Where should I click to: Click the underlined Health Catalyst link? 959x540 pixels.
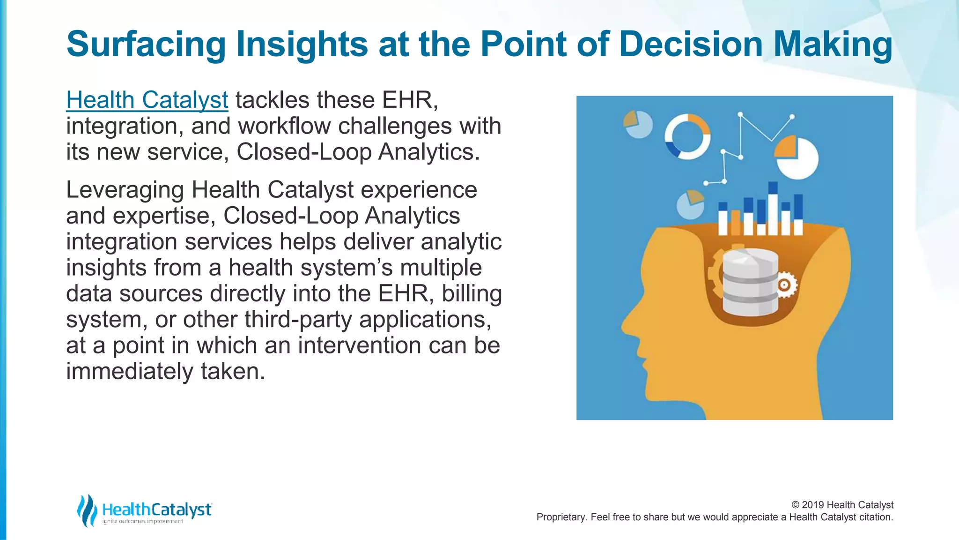[147, 100]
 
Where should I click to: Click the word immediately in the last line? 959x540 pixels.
[129, 371]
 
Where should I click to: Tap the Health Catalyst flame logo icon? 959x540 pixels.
[87, 510]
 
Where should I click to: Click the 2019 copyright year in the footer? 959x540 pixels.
[813, 505]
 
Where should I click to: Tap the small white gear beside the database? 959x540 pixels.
[784, 285]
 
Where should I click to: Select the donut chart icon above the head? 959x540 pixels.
[687, 136]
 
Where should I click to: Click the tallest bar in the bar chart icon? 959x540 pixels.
[773, 209]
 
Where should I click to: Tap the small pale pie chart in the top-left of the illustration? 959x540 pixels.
[638, 124]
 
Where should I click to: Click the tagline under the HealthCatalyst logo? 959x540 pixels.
[143, 522]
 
